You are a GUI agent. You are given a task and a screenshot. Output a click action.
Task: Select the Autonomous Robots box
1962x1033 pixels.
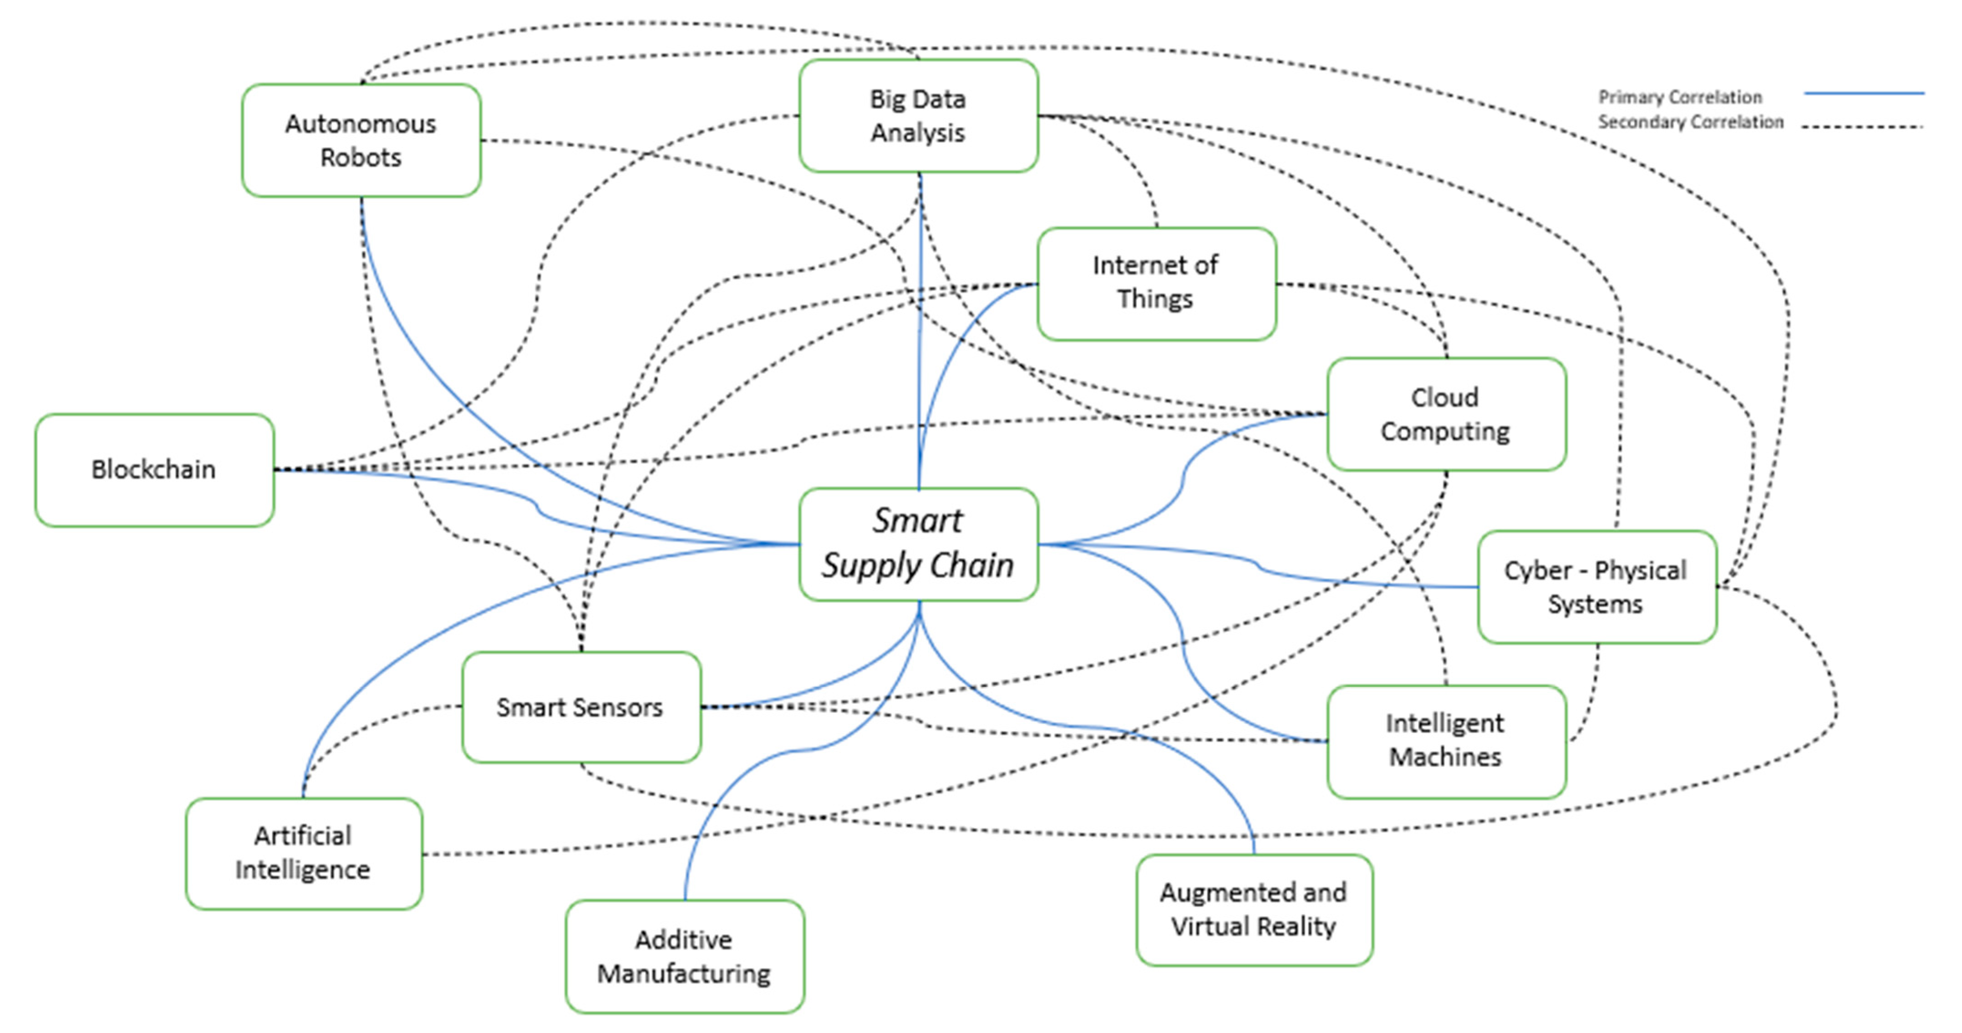[361, 140]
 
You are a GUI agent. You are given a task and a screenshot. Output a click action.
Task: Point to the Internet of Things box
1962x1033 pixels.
[1156, 283]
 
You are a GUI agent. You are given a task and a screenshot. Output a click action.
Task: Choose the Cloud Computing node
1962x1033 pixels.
[1446, 414]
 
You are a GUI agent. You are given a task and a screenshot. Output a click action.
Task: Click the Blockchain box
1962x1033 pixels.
[154, 470]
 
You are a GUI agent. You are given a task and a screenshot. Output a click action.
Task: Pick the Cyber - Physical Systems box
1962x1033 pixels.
[1596, 586]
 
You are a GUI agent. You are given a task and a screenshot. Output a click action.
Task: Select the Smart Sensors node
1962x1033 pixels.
[580, 707]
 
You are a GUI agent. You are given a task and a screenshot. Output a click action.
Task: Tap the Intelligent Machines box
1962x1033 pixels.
[1446, 740]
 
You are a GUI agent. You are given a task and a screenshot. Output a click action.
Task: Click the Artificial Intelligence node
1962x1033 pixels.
[303, 853]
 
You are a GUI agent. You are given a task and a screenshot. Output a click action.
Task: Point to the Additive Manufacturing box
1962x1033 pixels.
[684, 957]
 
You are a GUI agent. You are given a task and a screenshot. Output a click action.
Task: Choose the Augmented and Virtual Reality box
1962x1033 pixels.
[1254, 910]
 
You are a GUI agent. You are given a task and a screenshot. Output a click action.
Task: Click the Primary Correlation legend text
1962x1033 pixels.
[1679, 97]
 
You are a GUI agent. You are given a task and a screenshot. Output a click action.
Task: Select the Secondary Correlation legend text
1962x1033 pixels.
[1690, 122]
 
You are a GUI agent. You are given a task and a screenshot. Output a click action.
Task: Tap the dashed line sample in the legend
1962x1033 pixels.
[1863, 127]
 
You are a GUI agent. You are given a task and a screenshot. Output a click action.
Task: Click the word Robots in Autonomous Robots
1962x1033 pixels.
[361, 158]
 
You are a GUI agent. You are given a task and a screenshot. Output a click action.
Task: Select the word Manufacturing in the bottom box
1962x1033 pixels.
[684, 973]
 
